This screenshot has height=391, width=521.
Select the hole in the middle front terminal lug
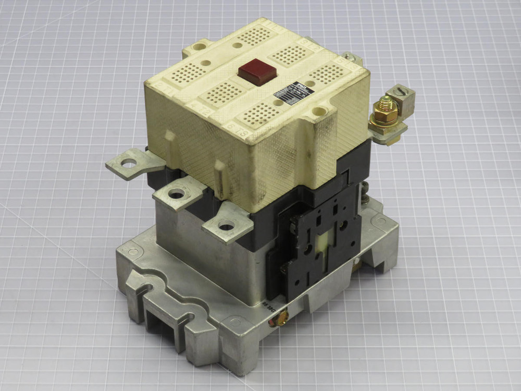pyautogui.click(x=176, y=194)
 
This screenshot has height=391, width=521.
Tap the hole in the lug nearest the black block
pyautogui.click(x=226, y=226)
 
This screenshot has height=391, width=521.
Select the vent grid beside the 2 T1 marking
pyautogui.click(x=187, y=74)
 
